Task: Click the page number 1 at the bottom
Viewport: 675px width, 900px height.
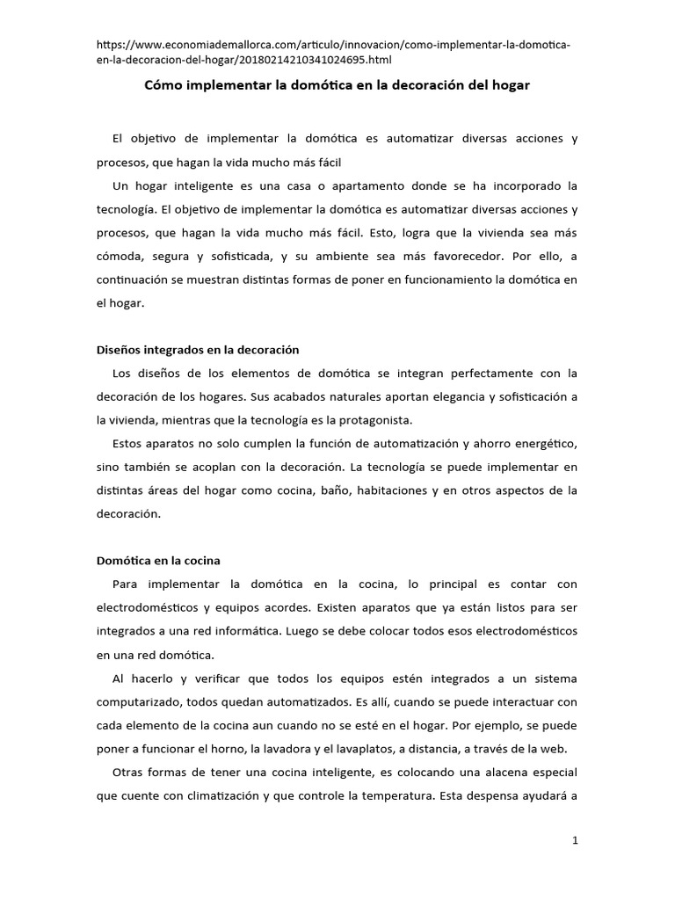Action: coord(575,840)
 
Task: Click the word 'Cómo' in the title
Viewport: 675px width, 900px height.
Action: coord(162,87)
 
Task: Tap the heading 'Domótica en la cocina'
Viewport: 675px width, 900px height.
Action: coord(158,560)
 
